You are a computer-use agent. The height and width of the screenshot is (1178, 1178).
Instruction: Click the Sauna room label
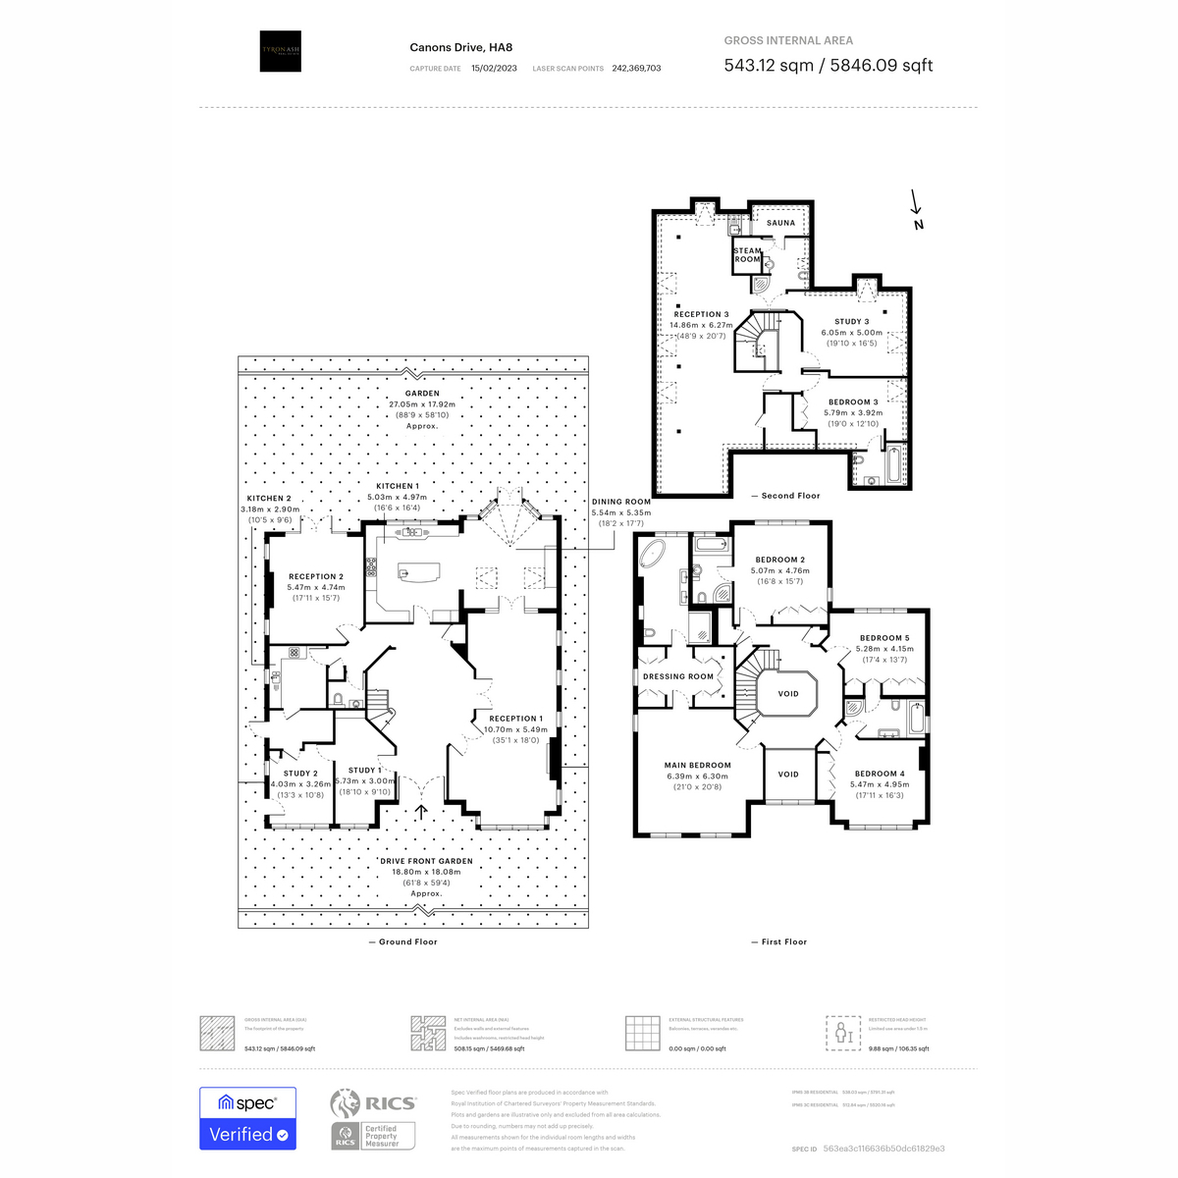pyautogui.click(x=780, y=223)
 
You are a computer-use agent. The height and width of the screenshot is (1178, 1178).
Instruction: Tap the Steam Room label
pyautogui.click(x=747, y=255)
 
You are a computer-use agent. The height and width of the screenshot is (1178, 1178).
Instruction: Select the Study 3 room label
pyautogui.click(x=851, y=322)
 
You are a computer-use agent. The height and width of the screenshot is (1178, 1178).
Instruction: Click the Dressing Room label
pyautogui.click(x=678, y=676)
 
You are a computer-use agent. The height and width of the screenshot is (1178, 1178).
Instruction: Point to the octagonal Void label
pyautogui.click(x=788, y=693)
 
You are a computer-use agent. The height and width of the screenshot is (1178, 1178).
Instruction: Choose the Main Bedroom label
pyautogui.click(x=697, y=766)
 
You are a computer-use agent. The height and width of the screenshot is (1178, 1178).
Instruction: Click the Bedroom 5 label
pyautogui.click(x=884, y=638)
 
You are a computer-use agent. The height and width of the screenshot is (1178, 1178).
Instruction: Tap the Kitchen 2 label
pyautogui.click(x=269, y=499)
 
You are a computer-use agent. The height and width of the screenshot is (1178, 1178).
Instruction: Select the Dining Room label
pyautogui.click(x=621, y=502)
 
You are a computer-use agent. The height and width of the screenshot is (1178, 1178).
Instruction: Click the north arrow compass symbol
pyautogui.click(x=917, y=209)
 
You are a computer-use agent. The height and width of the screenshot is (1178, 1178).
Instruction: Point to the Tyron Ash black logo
pyautogui.click(x=280, y=51)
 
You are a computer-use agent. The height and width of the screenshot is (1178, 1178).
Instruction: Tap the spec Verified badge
pyautogui.click(x=247, y=1118)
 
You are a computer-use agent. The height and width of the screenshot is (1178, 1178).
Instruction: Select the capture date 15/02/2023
pyautogui.click(x=494, y=69)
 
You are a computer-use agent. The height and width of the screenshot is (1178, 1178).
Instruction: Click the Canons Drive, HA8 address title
pyautogui.click(x=460, y=47)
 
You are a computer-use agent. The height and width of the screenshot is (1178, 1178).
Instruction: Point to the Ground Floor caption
pyautogui.click(x=402, y=941)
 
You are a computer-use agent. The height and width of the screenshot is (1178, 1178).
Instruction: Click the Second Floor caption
pyautogui.click(x=785, y=496)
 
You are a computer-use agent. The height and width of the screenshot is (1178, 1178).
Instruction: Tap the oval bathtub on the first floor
pyautogui.click(x=652, y=555)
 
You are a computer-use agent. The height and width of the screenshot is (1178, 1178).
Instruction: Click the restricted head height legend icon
pyautogui.click(x=842, y=1033)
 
